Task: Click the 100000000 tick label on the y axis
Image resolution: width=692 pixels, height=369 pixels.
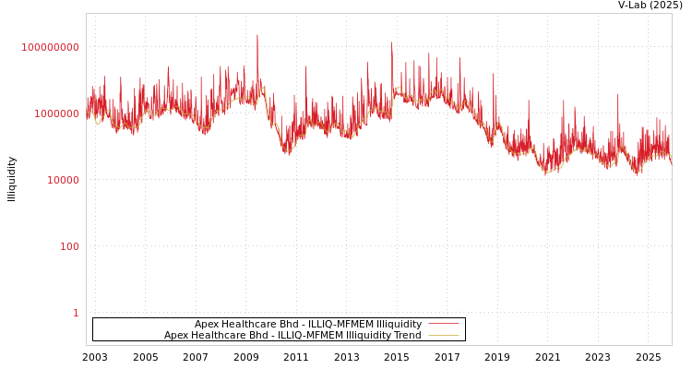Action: (x=50, y=47)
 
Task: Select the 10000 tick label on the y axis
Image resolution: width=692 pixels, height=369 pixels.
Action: (x=63, y=180)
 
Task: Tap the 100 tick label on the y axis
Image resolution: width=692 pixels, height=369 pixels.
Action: (x=70, y=246)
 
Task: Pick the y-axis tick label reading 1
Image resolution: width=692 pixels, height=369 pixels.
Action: (x=76, y=313)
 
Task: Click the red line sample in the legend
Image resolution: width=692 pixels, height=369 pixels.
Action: (x=443, y=325)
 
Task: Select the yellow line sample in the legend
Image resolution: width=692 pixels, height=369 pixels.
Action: (x=443, y=336)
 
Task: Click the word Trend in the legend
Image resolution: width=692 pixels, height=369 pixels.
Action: (x=406, y=336)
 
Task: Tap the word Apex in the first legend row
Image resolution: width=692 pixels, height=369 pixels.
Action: (x=206, y=325)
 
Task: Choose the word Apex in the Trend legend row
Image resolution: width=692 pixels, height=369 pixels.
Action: (x=175, y=336)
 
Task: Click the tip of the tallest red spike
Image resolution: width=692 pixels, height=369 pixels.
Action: (x=257, y=35)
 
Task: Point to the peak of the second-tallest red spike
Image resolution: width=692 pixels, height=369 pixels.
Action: (x=391, y=42)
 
